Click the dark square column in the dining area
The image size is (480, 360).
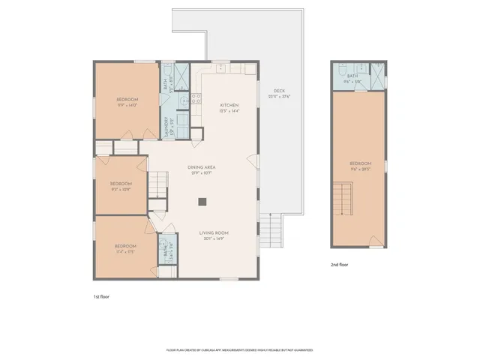pos(202,201)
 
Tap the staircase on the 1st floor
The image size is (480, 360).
pos(157,183)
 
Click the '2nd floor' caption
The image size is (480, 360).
pos(340,265)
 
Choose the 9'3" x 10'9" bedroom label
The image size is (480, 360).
pos(121,186)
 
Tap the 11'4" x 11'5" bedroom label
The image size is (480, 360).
pos(125,248)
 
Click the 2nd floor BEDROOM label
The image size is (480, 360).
pos(360,166)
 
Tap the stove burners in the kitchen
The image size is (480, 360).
pos(197,96)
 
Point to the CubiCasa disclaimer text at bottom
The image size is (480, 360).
pos(239,349)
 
